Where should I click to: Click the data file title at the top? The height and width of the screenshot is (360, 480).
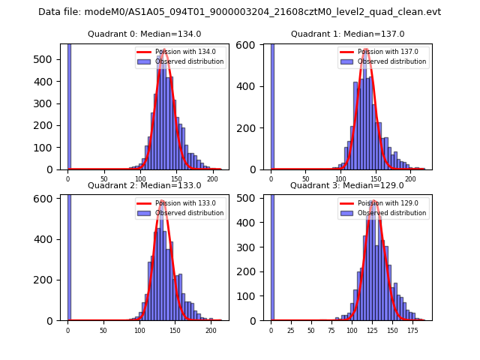pos(239,12)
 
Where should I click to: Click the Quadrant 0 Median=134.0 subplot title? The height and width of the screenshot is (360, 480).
pos(144,34)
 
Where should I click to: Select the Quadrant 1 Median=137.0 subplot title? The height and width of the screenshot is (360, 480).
pos(347,34)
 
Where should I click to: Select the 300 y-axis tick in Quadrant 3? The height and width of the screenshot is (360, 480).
pos(253,247)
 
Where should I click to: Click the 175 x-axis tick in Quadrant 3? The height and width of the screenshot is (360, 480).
pos(412,330)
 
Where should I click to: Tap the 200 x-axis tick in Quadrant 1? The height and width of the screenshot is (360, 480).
pos(410,179)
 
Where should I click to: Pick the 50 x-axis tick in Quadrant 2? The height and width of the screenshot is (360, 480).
pos(103,330)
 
